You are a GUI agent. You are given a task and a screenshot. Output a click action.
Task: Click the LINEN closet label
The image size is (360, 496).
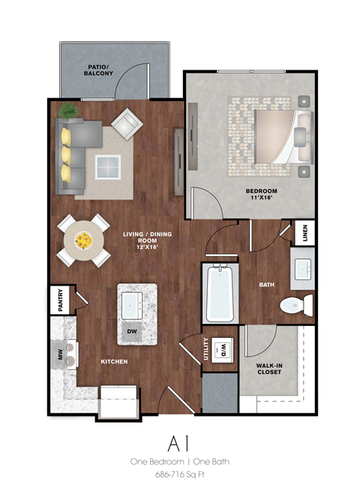(x=305, y=234)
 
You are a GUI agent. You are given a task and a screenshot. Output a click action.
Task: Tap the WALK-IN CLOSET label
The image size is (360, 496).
(x=267, y=367)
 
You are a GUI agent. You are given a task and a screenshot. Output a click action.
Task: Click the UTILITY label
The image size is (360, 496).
(x=206, y=351)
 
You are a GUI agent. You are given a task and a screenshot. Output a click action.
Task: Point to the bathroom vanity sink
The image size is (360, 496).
(x=304, y=267)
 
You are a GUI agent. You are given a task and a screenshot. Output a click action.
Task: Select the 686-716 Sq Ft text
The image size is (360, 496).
(x=180, y=475)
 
